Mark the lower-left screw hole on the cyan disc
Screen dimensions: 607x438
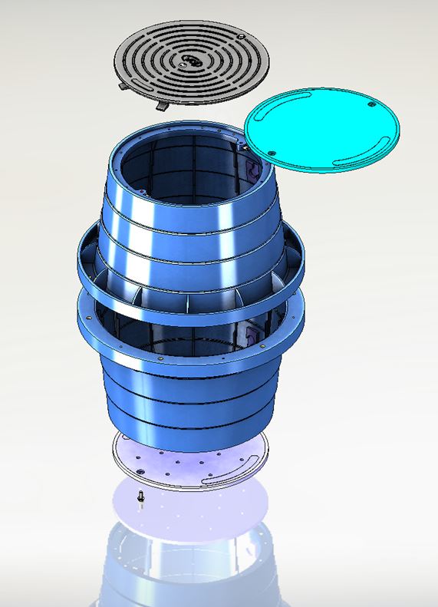point(272,151)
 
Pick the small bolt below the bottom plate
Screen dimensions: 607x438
point(141,498)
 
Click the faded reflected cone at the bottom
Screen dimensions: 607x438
point(192,572)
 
